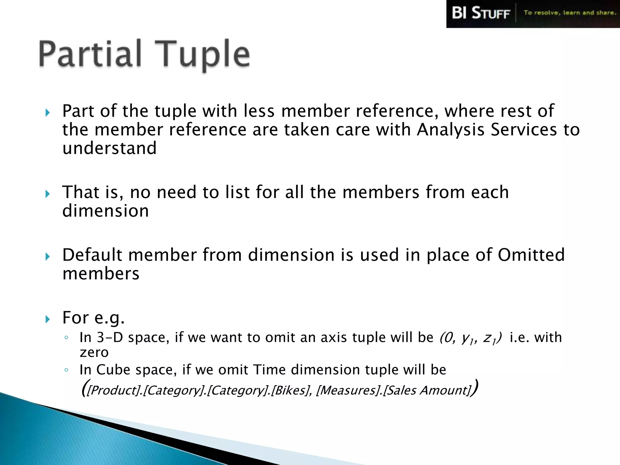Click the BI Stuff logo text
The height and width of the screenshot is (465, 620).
point(481,13)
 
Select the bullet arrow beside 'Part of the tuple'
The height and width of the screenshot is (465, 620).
point(48,113)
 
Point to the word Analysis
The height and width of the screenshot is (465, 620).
point(450,130)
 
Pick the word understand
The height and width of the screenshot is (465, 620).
point(109,148)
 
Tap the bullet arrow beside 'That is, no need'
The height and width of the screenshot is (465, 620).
point(48,194)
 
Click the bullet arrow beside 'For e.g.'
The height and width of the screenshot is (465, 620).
point(48,319)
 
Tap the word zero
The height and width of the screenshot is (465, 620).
point(94,352)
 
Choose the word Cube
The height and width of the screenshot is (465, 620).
point(113,370)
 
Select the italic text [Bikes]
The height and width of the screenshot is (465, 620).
point(290,390)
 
